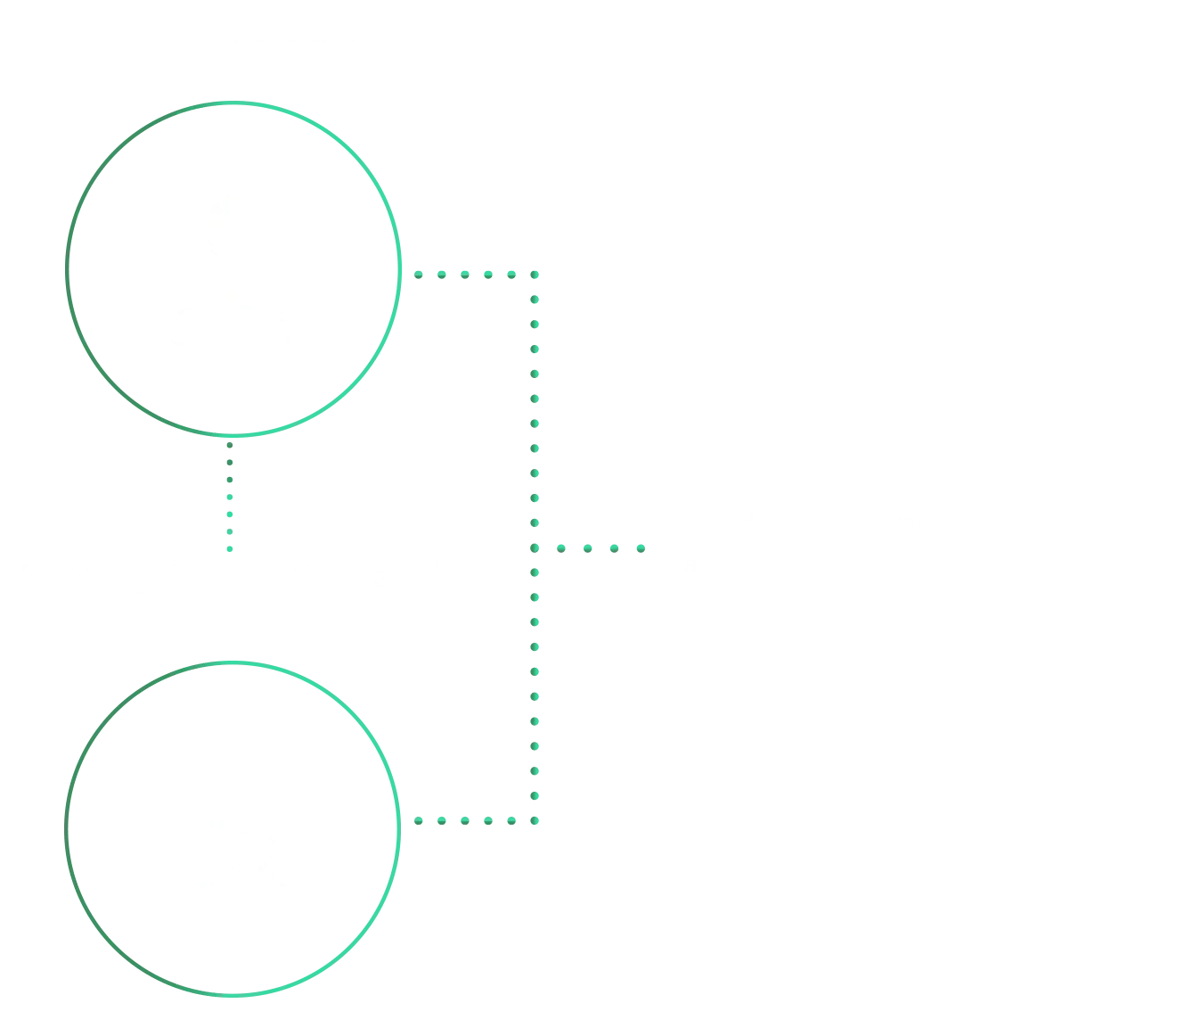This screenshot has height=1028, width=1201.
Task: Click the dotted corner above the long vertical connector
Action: (x=535, y=275)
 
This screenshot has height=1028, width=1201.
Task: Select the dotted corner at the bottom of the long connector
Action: (x=535, y=820)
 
